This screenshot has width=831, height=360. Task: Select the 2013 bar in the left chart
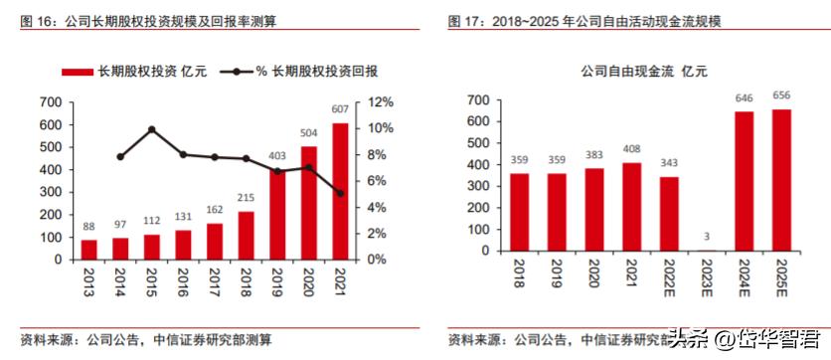[89, 249]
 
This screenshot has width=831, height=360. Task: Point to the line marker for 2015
[152, 129]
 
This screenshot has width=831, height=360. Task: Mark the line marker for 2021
[340, 193]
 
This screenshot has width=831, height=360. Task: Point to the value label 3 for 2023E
[707, 237]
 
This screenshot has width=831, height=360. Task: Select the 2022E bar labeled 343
[669, 214]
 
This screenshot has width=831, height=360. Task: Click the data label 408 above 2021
[631, 150]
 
